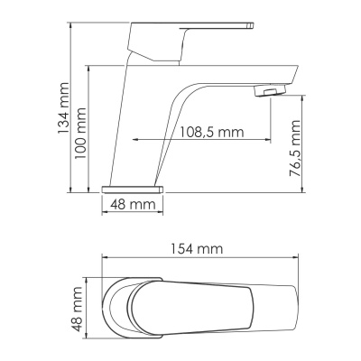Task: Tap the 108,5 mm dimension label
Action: tap(212, 132)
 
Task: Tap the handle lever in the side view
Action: tap(190, 40)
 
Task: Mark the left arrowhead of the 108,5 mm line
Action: tap(136, 141)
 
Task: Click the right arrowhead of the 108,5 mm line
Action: tap(267, 141)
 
